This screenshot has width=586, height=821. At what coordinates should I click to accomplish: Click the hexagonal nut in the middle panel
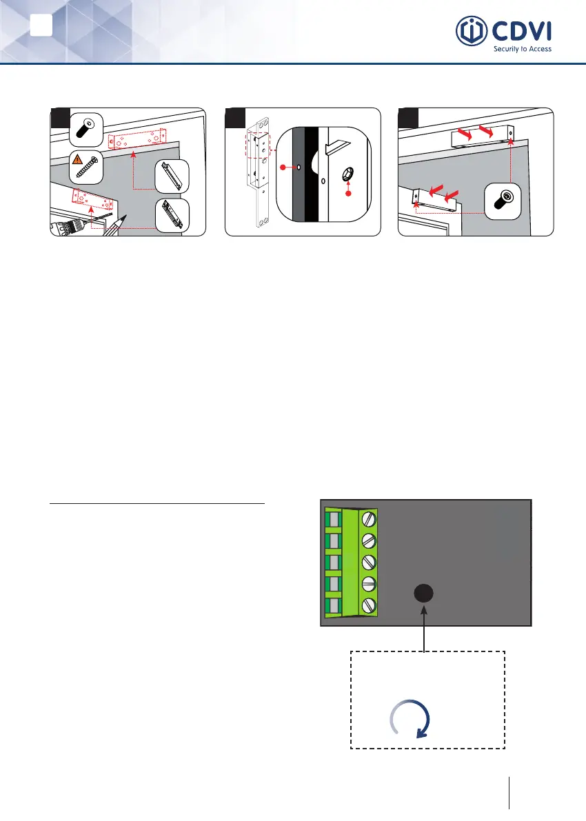[x=348, y=176]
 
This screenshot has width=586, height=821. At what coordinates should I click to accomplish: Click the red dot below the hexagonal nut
[x=347, y=194]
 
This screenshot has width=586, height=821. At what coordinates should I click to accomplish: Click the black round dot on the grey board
[x=424, y=594]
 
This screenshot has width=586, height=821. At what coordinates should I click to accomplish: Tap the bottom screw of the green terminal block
[x=368, y=606]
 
